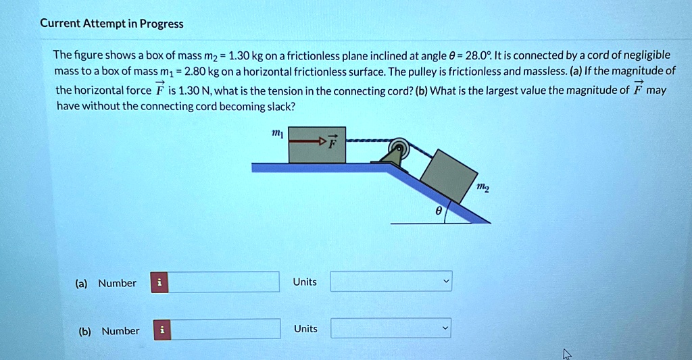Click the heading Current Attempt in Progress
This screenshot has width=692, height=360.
pyautogui.click(x=112, y=24)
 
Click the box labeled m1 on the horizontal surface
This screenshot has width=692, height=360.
pyautogui.click(x=317, y=145)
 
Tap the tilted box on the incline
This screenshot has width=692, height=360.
pyautogui.click(x=449, y=176)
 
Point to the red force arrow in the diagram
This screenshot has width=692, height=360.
pyautogui.click(x=307, y=142)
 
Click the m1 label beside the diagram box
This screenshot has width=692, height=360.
pyautogui.click(x=277, y=133)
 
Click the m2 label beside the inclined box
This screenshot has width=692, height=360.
pyautogui.click(x=483, y=188)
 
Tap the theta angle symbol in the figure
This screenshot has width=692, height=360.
pyautogui.click(x=438, y=211)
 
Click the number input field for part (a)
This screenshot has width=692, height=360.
pyautogui.click(x=223, y=282)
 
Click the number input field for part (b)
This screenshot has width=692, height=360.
pyautogui.click(x=226, y=329)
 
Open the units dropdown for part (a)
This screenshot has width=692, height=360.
pyautogui.click(x=391, y=282)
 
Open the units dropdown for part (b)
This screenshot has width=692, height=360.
pyautogui.click(x=391, y=328)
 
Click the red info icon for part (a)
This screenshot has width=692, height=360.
pyautogui.click(x=159, y=282)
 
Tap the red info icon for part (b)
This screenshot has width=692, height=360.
pyautogui.click(x=162, y=330)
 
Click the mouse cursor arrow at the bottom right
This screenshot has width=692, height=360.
pyautogui.click(x=567, y=353)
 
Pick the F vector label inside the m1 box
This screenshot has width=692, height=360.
pyautogui.click(x=332, y=141)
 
